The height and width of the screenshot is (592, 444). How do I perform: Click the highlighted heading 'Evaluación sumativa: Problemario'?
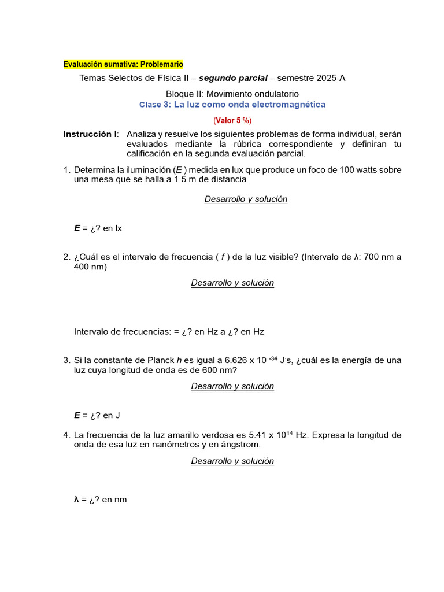123,64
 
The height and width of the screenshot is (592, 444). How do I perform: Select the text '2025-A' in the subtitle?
332,78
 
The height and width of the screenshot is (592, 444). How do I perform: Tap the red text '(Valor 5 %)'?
232,120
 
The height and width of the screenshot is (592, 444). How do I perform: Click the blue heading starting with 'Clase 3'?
232,105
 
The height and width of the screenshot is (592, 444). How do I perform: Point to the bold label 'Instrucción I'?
90,134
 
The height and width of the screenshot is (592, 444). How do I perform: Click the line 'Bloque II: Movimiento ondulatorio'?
232,94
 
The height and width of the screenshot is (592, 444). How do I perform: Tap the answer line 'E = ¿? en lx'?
98,228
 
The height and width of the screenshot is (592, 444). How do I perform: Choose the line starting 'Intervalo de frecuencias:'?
169,332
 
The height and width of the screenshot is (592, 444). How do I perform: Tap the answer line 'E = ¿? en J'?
97,415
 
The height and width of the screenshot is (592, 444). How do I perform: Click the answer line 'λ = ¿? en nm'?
100,499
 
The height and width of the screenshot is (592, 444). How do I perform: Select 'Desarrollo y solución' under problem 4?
232,461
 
